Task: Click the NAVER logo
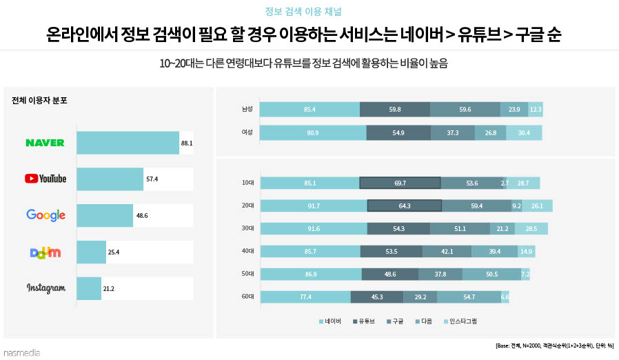pyautogui.click(x=45, y=143)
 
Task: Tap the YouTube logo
pyautogui.click(x=45, y=179)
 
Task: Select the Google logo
pyautogui.click(x=45, y=215)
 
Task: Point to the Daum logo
pyautogui.click(x=45, y=252)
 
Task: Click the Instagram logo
pyautogui.click(x=45, y=288)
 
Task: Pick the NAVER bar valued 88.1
pyautogui.click(x=128, y=143)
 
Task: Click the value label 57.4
pyautogui.click(x=152, y=179)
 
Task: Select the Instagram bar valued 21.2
pyautogui.click(x=89, y=288)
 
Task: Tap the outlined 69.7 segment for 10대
pyautogui.click(x=400, y=183)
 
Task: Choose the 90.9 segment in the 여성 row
pyautogui.click(x=313, y=132)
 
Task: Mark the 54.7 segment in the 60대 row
pyautogui.click(x=469, y=297)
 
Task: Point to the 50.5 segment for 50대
pyautogui.click(x=491, y=274)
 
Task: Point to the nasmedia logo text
pyautogui.click(x=21, y=352)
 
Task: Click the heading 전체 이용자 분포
pyautogui.click(x=39, y=101)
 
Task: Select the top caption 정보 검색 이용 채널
pyautogui.click(x=303, y=12)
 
